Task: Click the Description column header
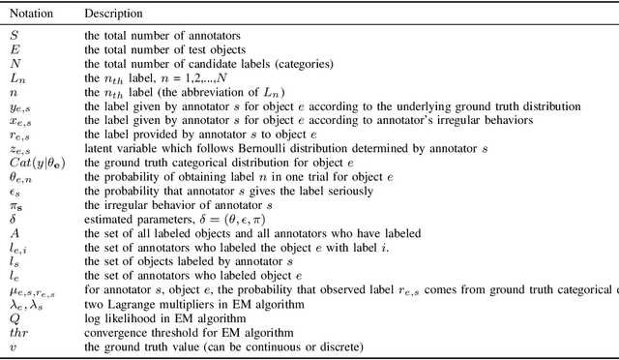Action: (113, 15)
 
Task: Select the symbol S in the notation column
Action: (14, 35)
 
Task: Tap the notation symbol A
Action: (15, 233)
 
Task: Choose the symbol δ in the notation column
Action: (13, 220)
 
